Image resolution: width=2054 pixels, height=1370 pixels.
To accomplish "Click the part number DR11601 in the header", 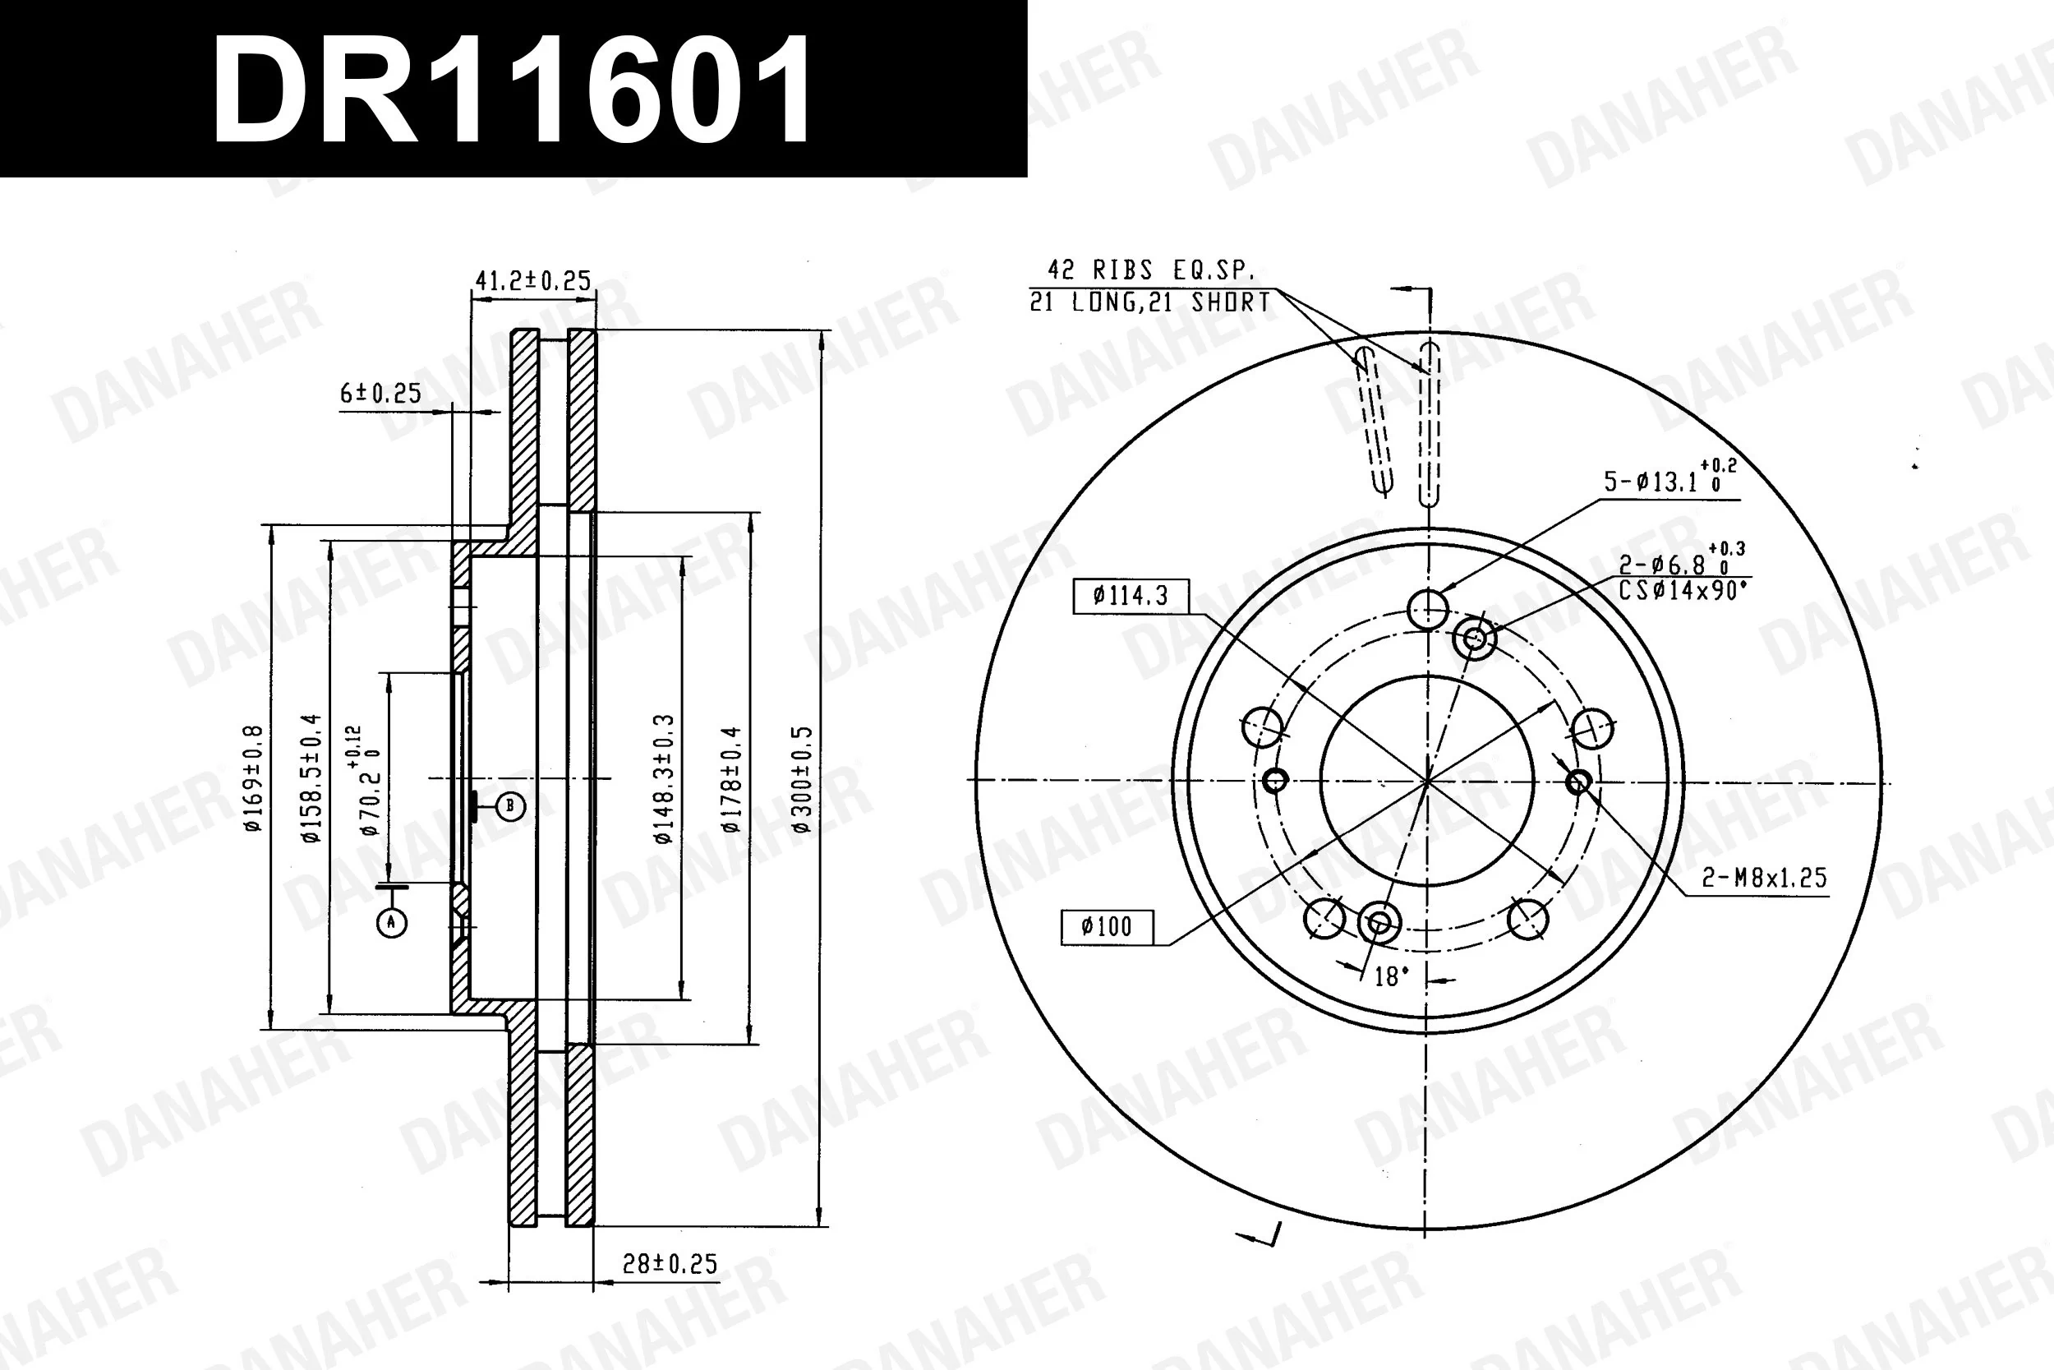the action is tap(513, 89).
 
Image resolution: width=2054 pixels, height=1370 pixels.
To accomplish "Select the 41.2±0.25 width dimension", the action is tap(532, 280).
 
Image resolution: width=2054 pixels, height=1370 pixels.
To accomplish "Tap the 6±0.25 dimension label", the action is tap(380, 393).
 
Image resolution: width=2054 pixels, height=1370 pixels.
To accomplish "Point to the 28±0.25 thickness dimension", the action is tap(670, 1263).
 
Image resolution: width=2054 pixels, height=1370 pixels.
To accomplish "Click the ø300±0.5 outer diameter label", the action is tap(802, 778).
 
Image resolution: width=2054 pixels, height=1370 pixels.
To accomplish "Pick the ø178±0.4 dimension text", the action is tap(731, 778).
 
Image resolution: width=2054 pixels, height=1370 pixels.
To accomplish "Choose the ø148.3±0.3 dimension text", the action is tap(664, 778).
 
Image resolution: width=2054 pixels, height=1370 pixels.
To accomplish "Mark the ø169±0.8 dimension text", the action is tap(253, 777).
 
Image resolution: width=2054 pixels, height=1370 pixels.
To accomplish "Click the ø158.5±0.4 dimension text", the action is tap(311, 777).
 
